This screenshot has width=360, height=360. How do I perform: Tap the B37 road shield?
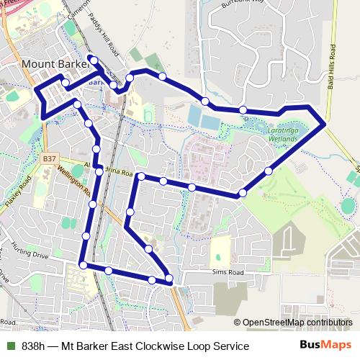click(x=49, y=157)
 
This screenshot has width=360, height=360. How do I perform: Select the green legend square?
click(x=9, y=346)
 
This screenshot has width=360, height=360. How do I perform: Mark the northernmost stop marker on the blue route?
click(x=91, y=58)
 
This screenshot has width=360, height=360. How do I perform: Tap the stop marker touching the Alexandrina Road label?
click(x=99, y=171)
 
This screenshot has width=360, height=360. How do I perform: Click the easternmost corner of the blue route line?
click(x=326, y=124)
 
